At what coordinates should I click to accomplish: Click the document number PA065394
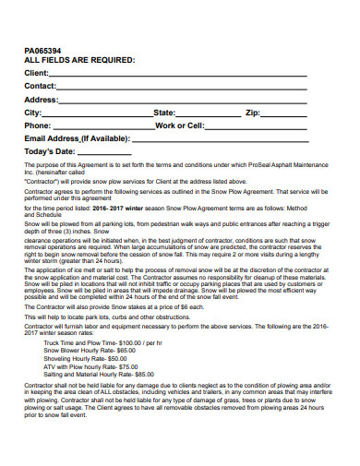(x=45, y=50)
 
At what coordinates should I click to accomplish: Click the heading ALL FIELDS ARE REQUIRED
(x=79, y=60)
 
